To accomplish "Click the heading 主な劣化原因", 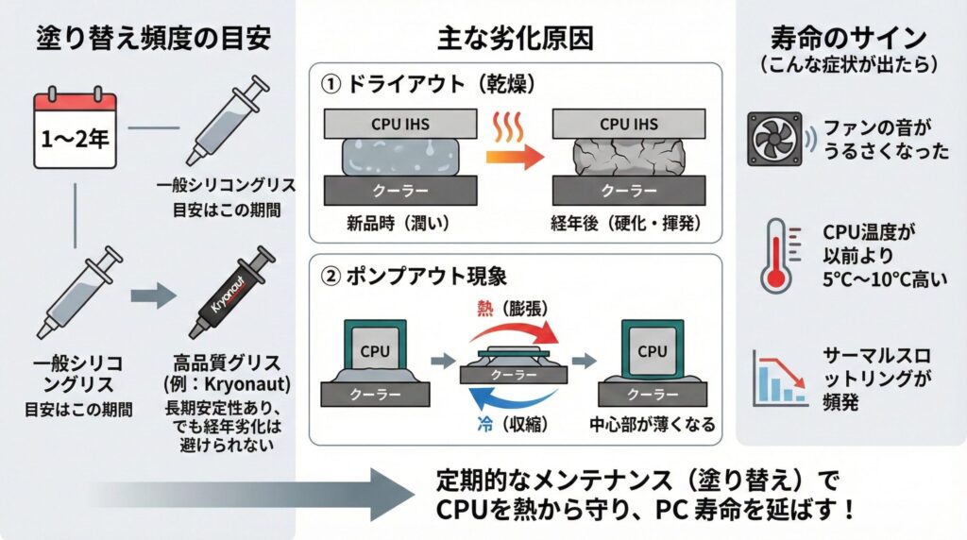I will [x=516, y=38].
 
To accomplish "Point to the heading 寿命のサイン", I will [x=848, y=40].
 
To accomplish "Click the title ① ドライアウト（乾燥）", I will [x=430, y=84].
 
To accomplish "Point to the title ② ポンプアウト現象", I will [x=416, y=278].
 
